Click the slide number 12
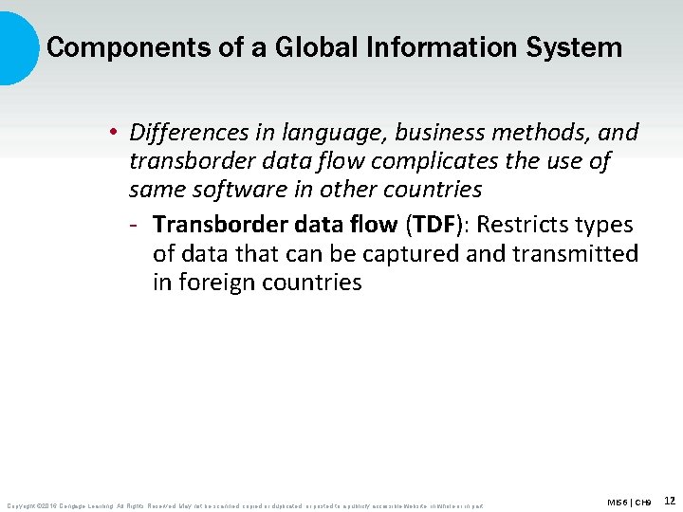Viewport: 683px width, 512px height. click(x=669, y=500)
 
